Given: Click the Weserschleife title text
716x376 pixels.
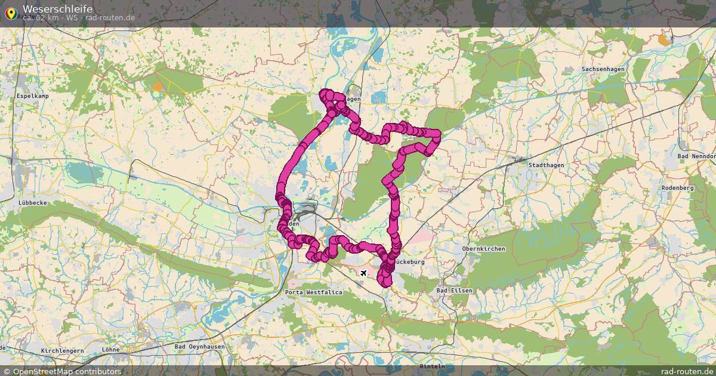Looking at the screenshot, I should (x=57, y=8).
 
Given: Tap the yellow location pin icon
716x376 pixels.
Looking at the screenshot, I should (x=11, y=12).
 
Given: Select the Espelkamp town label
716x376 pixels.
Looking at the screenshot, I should (x=32, y=95).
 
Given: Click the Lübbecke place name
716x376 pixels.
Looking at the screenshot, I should (x=33, y=203).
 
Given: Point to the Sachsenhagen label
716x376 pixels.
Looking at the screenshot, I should (x=603, y=69).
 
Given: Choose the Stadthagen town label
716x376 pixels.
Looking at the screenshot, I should (x=547, y=165).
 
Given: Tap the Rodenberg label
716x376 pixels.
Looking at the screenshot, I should (x=677, y=187).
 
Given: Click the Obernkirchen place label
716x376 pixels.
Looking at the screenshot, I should (x=483, y=248).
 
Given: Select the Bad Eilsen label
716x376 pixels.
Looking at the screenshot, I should (x=455, y=290).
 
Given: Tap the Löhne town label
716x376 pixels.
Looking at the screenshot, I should (x=111, y=349).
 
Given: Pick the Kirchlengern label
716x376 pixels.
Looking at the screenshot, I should (x=62, y=350).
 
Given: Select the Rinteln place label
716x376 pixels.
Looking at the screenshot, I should (x=433, y=366).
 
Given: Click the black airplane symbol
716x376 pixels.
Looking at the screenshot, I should (x=363, y=273).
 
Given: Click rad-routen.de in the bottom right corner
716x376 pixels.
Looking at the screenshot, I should (x=687, y=371).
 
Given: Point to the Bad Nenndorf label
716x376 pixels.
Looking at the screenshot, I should (x=696, y=156).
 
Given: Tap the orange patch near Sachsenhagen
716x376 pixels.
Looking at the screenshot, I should (x=663, y=40).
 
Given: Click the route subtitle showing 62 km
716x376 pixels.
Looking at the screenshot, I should (x=78, y=18).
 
